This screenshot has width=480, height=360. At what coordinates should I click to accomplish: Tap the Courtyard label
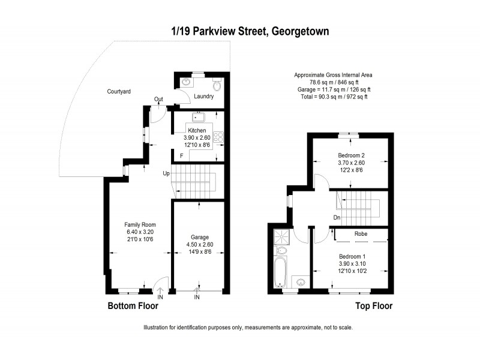119,92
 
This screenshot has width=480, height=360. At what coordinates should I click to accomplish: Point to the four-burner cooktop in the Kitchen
219,137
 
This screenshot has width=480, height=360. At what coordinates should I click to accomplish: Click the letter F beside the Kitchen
181,156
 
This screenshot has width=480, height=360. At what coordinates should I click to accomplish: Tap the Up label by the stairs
166,173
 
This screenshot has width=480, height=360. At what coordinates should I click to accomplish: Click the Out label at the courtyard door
158,100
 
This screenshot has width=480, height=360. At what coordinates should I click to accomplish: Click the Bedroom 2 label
352,155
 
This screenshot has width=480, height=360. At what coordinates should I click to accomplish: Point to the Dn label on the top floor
337,217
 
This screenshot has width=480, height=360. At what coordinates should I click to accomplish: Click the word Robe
361,233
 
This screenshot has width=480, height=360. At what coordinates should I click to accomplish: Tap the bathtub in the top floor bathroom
280,272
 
